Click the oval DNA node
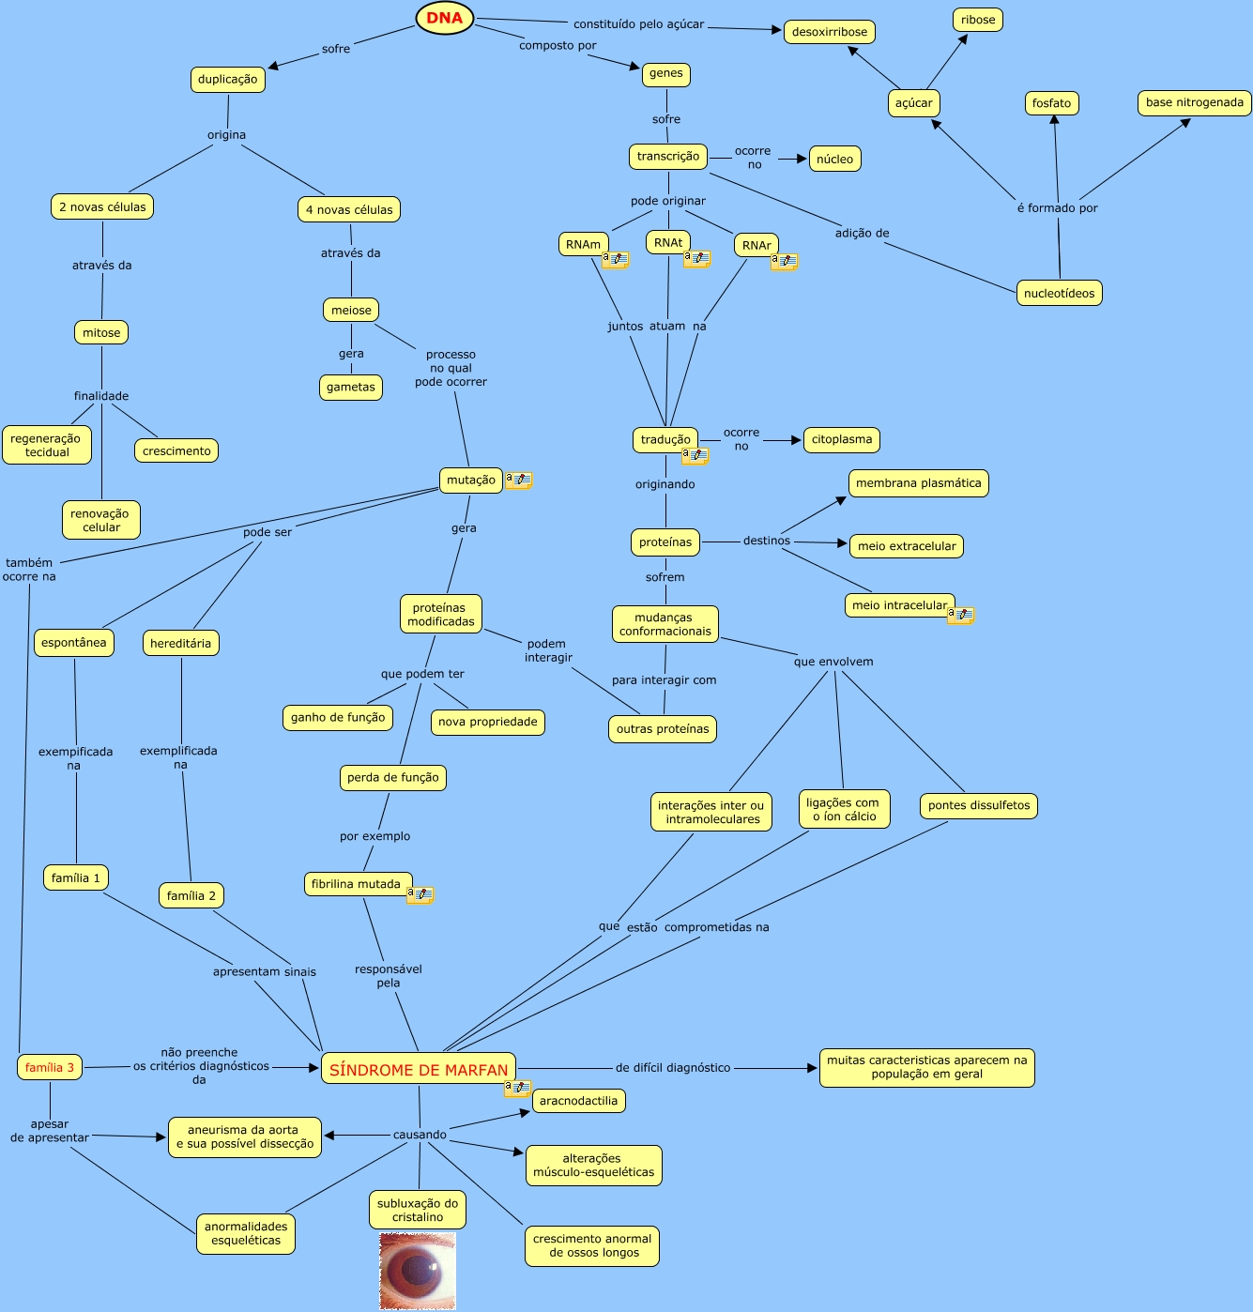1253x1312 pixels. [x=445, y=18]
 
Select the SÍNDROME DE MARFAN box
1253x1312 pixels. [x=419, y=1069]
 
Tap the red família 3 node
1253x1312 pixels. [x=50, y=1067]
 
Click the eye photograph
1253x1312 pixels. [x=418, y=1272]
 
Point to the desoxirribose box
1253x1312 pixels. [x=830, y=32]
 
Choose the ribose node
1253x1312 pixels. [x=978, y=20]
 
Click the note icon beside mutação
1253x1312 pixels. [x=519, y=481]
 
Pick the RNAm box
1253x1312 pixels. [x=583, y=244]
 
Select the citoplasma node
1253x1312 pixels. [x=842, y=439]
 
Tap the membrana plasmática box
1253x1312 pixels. [x=919, y=483]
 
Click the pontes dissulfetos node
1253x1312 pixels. [x=979, y=805]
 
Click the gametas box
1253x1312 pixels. [x=351, y=387]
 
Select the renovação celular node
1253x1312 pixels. [x=101, y=520]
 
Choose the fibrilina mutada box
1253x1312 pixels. [x=357, y=884]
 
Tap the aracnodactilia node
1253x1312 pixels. [x=579, y=1101]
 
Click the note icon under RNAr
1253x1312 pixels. [x=785, y=262]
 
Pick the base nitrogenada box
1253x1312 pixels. [x=1195, y=102]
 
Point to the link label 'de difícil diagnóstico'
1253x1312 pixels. [x=673, y=1068]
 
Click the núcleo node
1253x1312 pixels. [x=835, y=159]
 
